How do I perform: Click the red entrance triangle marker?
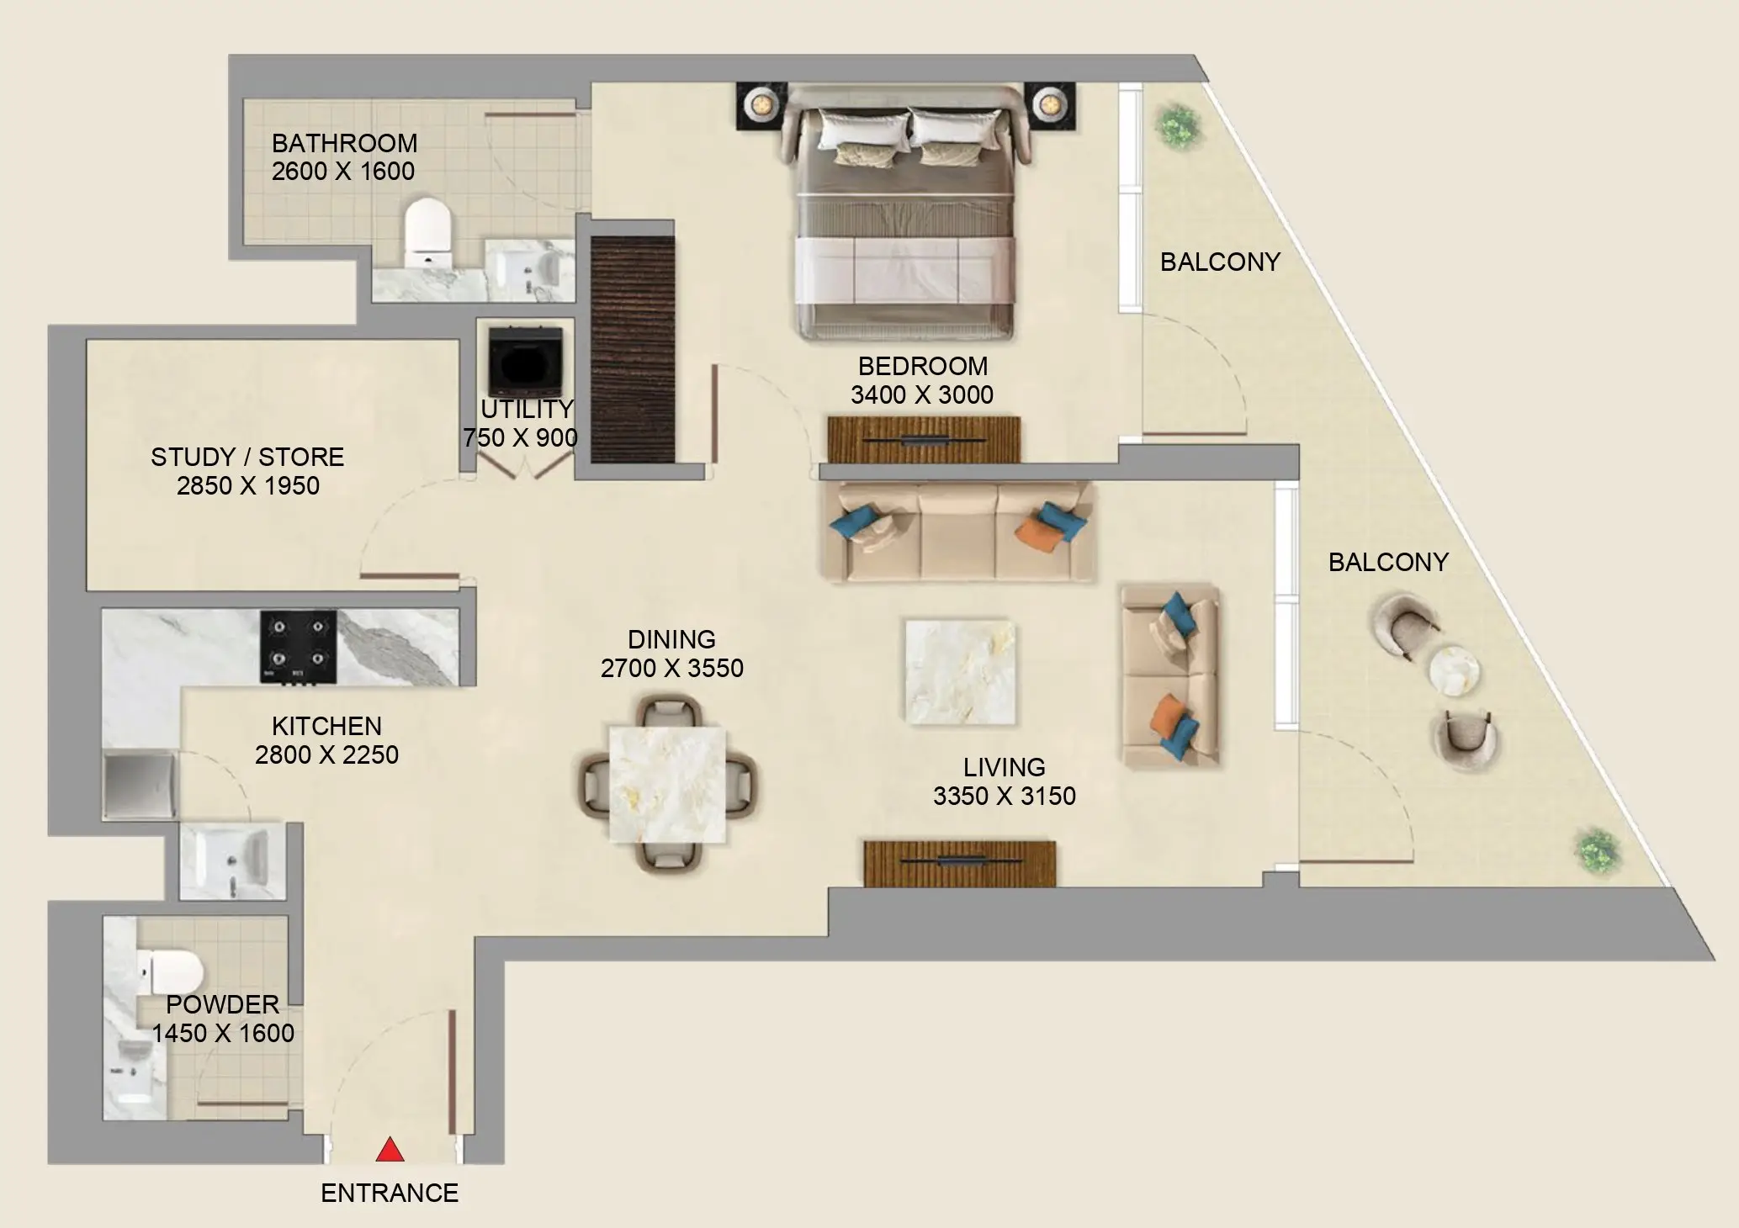point(389,1150)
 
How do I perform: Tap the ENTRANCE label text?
point(390,1193)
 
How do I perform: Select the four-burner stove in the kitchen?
point(298,646)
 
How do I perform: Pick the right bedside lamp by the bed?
point(1048,104)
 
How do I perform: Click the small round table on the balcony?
point(1455,671)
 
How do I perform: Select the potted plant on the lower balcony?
point(1598,850)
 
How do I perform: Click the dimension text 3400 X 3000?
point(922,394)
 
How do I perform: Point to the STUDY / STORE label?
point(247,457)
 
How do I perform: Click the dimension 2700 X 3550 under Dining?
point(671,668)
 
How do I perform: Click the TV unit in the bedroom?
point(923,440)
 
